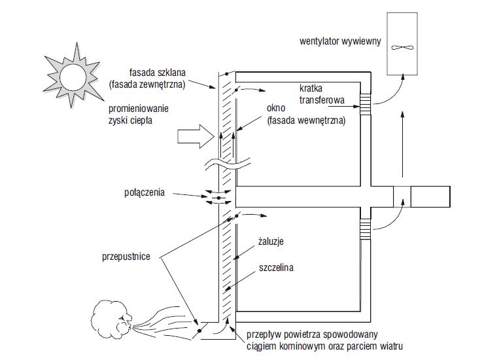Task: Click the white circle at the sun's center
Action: tap(73, 77)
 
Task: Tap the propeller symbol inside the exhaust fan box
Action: tap(402, 48)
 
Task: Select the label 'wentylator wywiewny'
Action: tap(340, 41)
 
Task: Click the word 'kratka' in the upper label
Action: tap(311, 88)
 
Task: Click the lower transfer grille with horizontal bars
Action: tap(366, 229)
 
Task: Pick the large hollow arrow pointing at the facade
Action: tap(196, 136)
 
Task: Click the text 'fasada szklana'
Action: tap(157, 72)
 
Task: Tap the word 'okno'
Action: tap(276, 108)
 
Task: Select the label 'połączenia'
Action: tap(145, 192)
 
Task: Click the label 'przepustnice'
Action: tap(126, 257)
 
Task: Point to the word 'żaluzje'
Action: tap(271, 241)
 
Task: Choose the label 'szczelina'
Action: tap(276, 267)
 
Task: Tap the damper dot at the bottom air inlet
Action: tap(199, 331)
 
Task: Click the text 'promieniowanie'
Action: tap(139, 109)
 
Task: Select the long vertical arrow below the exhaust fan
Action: tap(403, 144)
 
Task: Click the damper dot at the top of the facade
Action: tap(226, 74)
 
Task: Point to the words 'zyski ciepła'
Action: tap(131, 120)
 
